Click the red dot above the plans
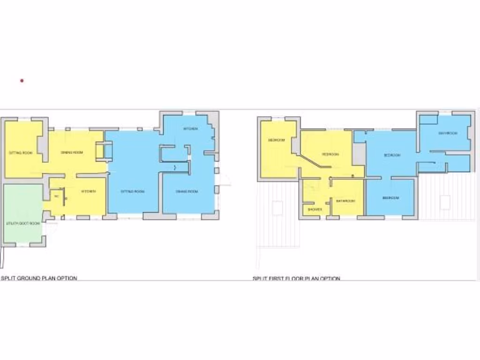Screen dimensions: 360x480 [22, 81]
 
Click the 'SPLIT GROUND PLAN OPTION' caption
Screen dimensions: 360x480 [39, 278]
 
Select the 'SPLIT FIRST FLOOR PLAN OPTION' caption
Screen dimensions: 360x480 [296, 278]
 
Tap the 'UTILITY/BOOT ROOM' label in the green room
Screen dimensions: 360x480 [22, 224]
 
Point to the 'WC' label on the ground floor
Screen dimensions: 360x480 [56, 196]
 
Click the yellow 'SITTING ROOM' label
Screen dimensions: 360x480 [21, 153]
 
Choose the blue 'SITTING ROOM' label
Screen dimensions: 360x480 [133, 191]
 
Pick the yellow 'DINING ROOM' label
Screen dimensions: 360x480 [72, 153]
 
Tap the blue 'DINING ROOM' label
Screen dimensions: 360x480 [187, 191]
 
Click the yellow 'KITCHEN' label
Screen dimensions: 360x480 [88, 191]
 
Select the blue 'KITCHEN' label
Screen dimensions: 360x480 [190, 128]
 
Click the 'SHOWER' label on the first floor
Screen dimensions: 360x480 [315, 210]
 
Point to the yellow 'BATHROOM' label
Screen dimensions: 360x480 [345, 201]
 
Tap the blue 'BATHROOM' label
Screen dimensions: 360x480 [448, 133]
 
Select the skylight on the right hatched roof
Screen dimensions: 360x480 [445, 202]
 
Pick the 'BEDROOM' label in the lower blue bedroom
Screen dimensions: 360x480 [390, 198]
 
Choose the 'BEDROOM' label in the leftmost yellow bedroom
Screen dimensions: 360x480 [276, 140]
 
